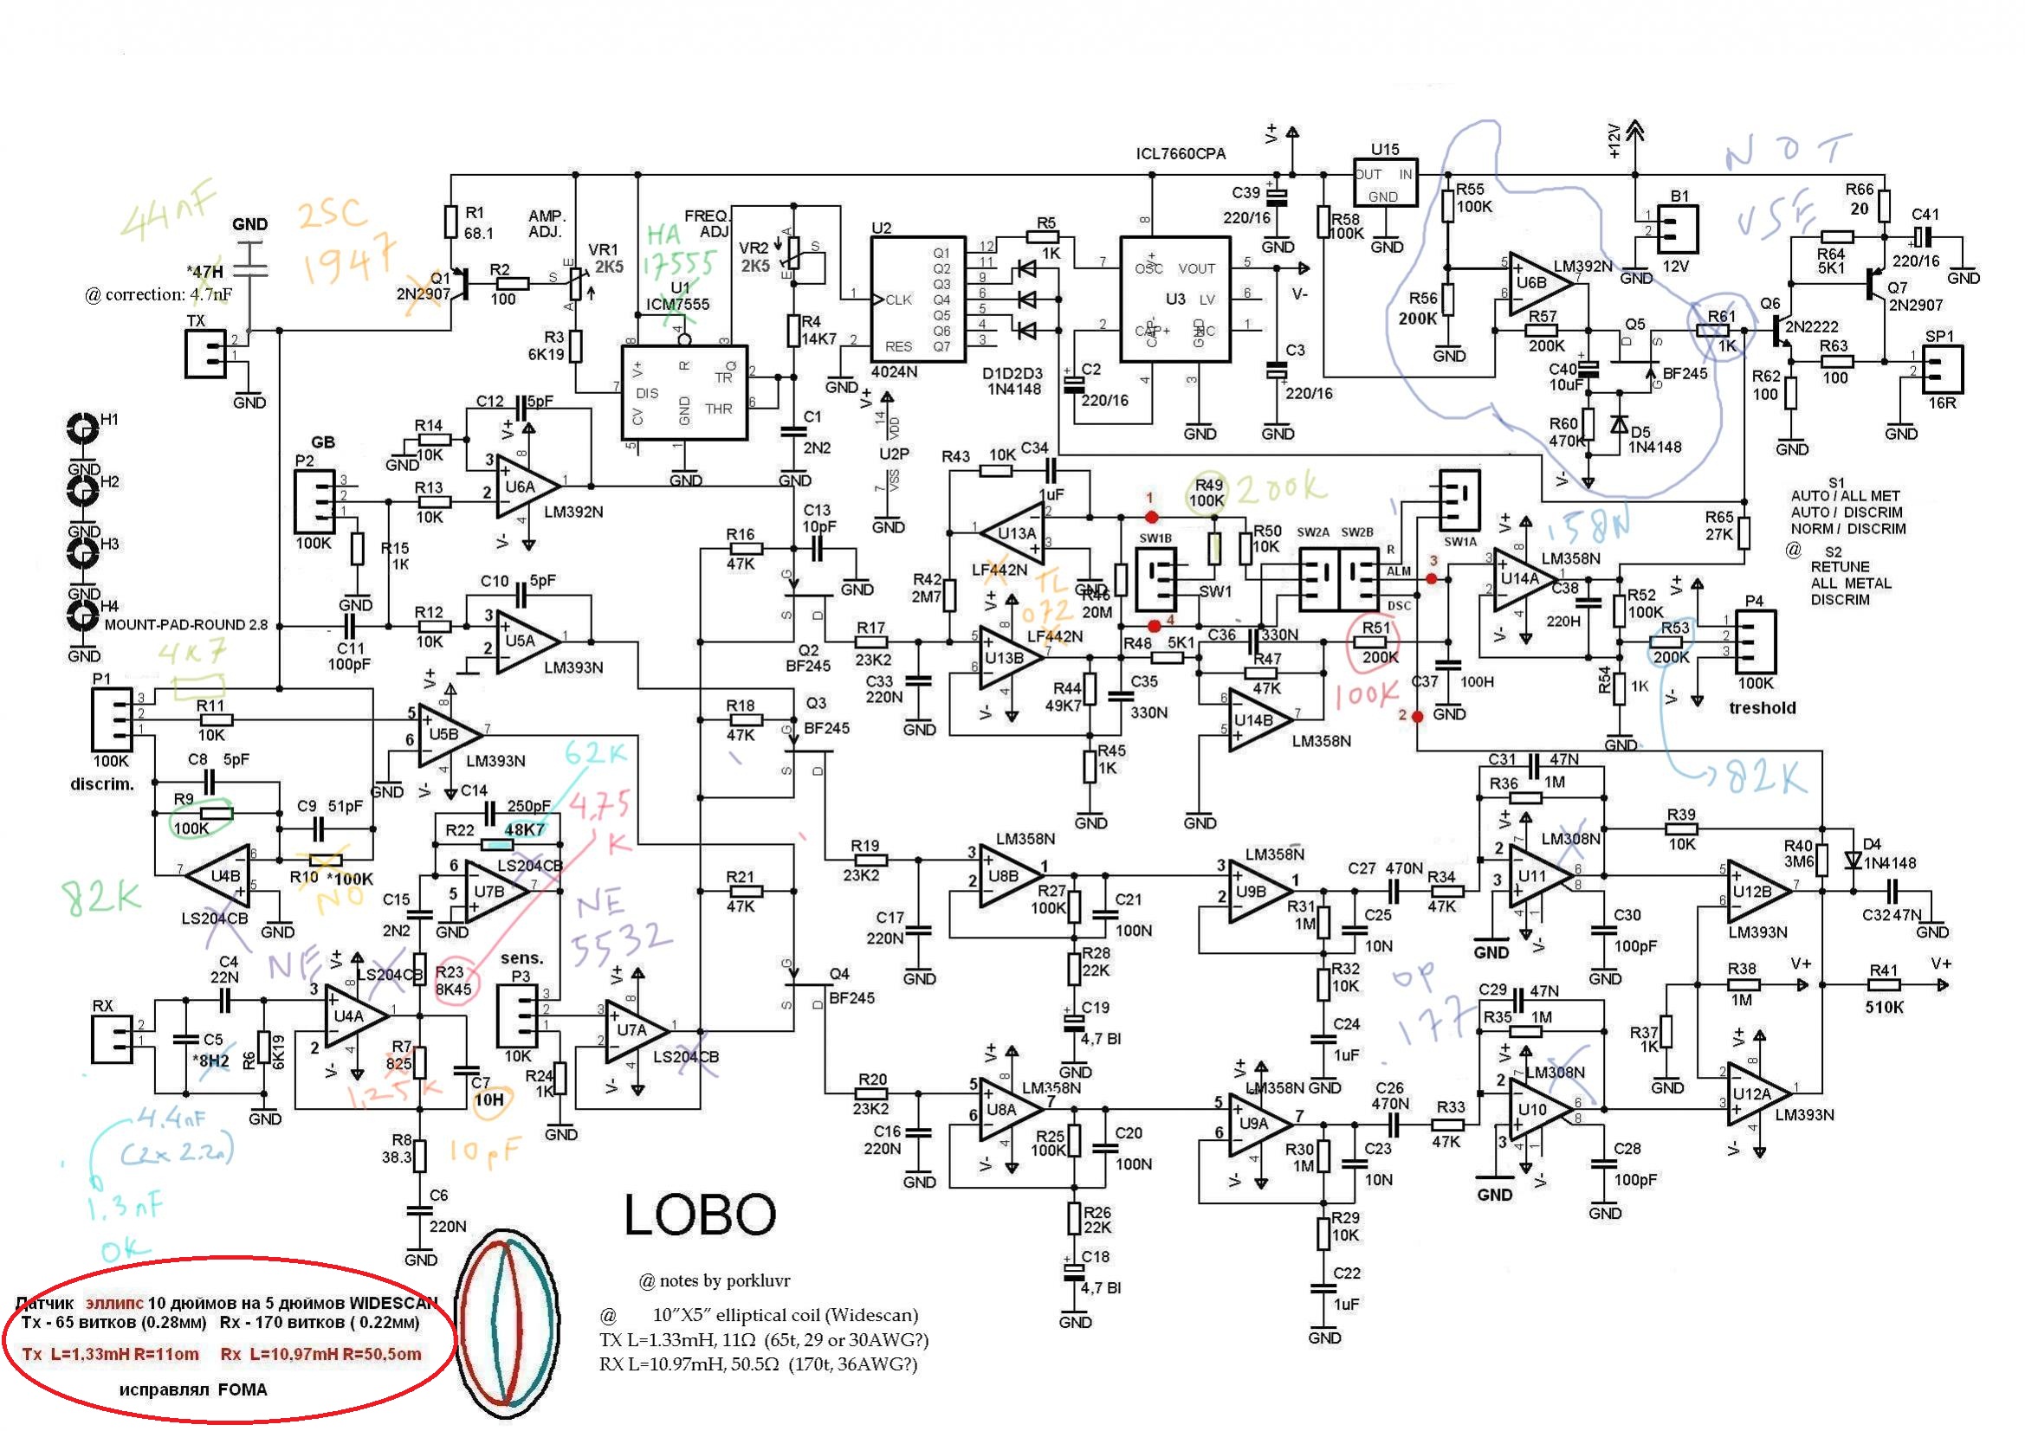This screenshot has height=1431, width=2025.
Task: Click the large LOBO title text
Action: click(x=700, y=1215)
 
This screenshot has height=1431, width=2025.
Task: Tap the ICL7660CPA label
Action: click(x=1180, y=154)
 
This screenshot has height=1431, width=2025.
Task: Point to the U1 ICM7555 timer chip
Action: click(x=684, y=393)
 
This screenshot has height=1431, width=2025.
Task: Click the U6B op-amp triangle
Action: click(x=1538, y=284)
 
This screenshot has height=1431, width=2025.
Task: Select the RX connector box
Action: click(x=112, y=1038)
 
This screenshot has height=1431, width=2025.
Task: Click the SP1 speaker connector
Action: click(x=1942, y=371)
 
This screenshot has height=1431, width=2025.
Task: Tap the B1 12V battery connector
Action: click(x=1678, y=229)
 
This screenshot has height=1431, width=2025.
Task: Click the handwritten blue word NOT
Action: click(x=1786, y=151)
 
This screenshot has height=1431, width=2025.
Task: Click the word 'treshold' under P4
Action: click(x=1762, y=708)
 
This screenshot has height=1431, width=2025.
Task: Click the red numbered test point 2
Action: click(x=1416, y=716)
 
